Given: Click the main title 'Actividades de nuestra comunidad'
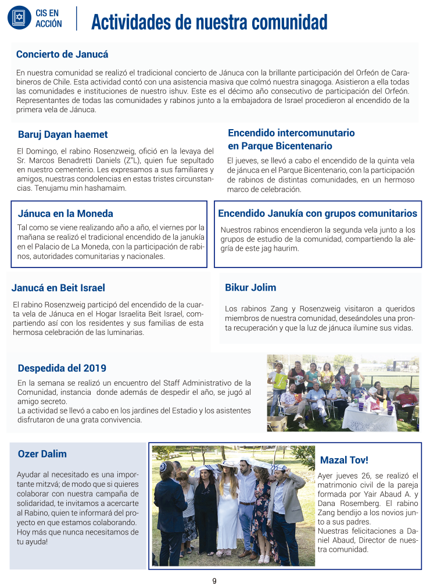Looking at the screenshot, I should [x=209, y=22].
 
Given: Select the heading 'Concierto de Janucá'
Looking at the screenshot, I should [x=62, y=55].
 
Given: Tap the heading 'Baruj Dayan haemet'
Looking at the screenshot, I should [x=63, y=135].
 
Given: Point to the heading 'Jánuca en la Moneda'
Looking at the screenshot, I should [x=66, y=213].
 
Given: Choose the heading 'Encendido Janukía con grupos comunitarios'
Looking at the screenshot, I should [x=317, y=213].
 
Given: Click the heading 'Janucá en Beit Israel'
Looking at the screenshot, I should [x=58, y=288].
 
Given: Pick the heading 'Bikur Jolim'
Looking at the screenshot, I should [x=250, y=287].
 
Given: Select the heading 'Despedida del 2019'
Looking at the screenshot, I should [x=62, y=368].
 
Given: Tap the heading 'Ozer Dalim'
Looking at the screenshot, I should [x=42, y=454].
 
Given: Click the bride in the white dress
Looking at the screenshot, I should [x=228, y=512].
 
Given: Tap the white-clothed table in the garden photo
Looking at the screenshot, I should [x=370, y=417].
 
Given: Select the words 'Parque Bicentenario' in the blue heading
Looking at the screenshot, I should [x=280, y=146].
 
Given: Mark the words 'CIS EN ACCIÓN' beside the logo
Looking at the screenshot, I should [x=48, y=18].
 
